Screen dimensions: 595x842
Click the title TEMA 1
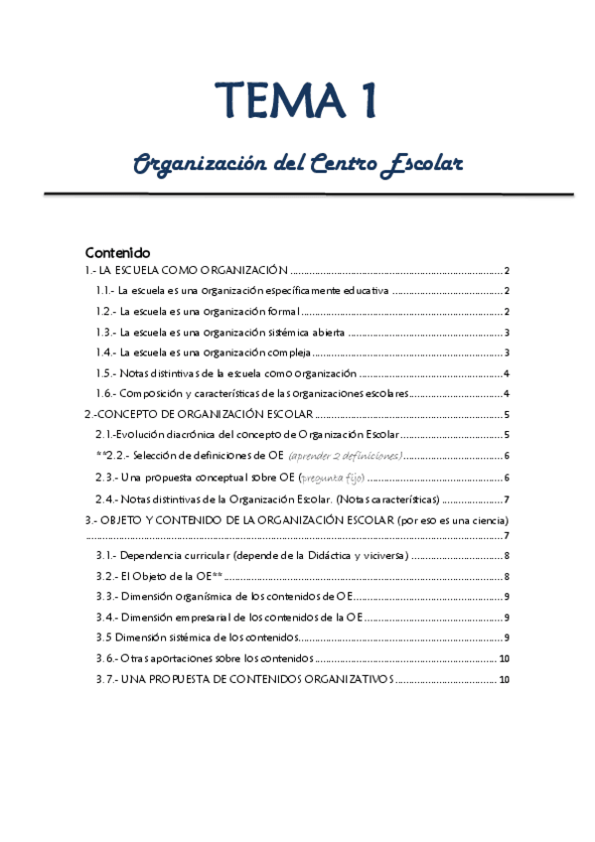coord(297,101)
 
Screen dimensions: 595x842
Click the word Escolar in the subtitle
coord(423,162)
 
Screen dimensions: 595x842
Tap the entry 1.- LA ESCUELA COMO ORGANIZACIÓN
coord(186,271)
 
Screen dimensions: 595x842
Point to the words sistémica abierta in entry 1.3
coord(300,333)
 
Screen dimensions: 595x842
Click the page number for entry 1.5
coord(507,373)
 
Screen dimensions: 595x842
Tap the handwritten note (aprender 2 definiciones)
coord(346,456)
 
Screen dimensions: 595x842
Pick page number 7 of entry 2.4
coord(507,498)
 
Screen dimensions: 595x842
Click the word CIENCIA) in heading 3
coord(491,519)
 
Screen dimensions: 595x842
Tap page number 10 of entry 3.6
coord(504,658)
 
